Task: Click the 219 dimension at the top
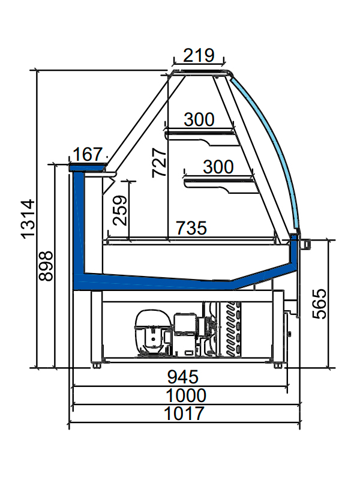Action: click(x=199, y=55)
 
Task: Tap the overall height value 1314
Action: click(x=28, y=219)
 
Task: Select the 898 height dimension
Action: click(x=46, y=266)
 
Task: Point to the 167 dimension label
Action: click(x=88, y=154)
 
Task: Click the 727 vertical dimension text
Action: click(x=159, y=163)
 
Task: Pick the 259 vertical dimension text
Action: click(x=120, y=211)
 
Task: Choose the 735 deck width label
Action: click(x=191, y=228)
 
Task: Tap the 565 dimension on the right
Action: click(x=320, y=304)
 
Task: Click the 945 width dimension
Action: click(x=183, y=377)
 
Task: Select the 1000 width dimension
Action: click(x=186, y=395)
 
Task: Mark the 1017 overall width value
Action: click(x=184, y=413)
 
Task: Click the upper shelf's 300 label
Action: click(x=199, y=119)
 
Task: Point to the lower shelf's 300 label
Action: click(x=218, y=167)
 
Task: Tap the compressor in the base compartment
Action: click(x=152, y=333)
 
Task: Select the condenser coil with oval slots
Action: click(x=232, y=329)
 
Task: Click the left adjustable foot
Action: click(x=97, y=365)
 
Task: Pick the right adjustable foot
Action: click(x=278, y=365)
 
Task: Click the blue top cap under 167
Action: click(x=88, y=167)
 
